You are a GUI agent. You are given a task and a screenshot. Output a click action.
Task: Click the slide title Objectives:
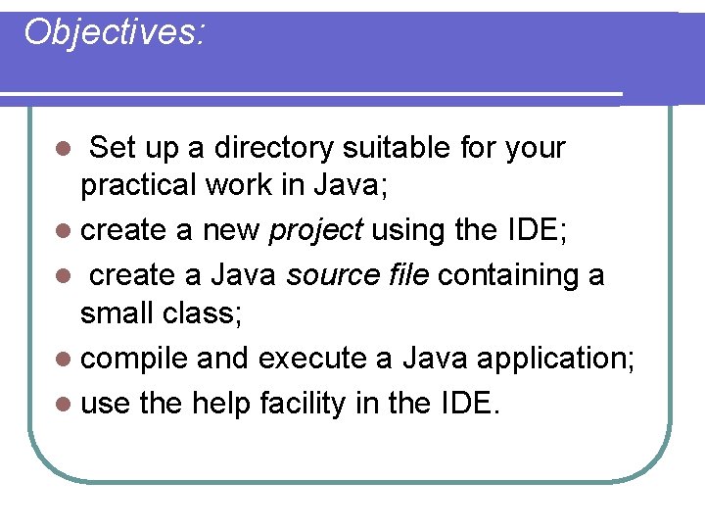(x=115, y=32)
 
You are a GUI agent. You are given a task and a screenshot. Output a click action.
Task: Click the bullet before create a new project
(x=64, y=231)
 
